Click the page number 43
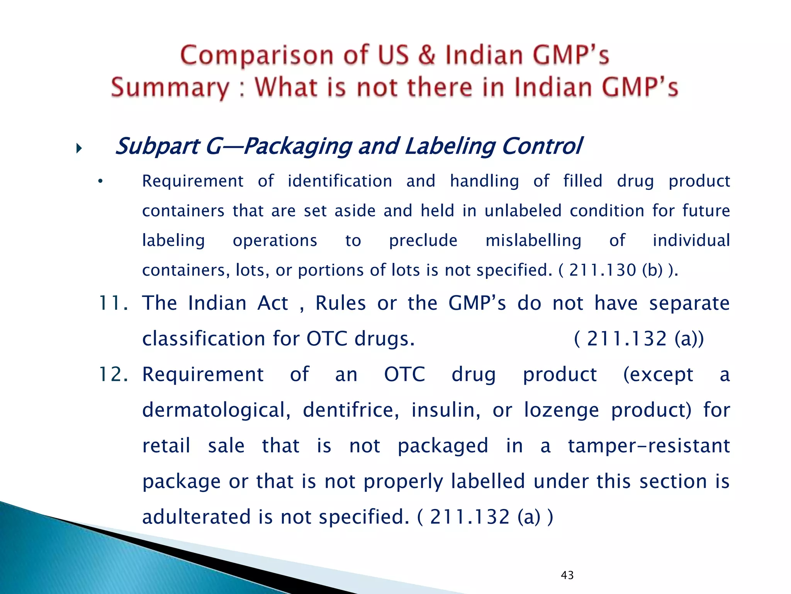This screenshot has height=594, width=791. tap(567, 575)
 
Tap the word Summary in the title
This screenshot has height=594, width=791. tap(170, 88)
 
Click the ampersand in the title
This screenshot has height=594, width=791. tap(426, 55)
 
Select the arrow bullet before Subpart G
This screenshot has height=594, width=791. tap(79, 148)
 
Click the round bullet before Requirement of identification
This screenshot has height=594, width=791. tap(100, 181)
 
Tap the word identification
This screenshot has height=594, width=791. tap(340, 181)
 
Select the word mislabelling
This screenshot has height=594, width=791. tap(533, 241)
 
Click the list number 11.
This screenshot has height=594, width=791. tap(113, 303)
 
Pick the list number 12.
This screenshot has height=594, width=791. tap(113, 374)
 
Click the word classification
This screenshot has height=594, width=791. tap(203, 339)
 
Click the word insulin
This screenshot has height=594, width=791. tap(446, 410)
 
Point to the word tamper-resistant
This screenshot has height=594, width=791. tap(649, 445)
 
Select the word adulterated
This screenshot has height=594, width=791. tap(197, 517)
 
